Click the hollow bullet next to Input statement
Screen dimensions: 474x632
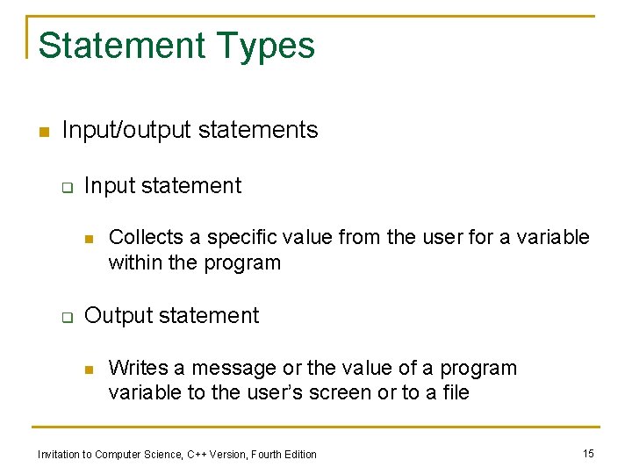point(65,187)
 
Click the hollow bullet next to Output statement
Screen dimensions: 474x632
point(65,317)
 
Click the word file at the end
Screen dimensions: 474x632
point(454,392)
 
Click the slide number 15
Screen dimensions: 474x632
point(588,453)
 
